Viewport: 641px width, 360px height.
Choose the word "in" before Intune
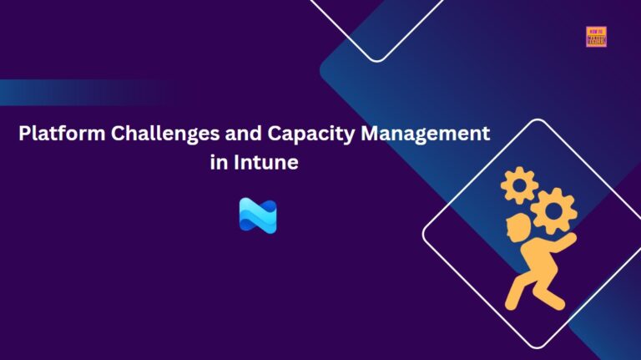[218, 162]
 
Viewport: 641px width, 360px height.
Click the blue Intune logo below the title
[257, 215]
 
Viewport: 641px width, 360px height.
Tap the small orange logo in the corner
[596, 36]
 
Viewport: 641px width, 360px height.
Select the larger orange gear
[553, 211]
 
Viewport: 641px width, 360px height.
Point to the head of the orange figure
[520, 227]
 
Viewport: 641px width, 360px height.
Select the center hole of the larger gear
[553, 211]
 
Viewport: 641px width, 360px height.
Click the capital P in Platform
[25, 134]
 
